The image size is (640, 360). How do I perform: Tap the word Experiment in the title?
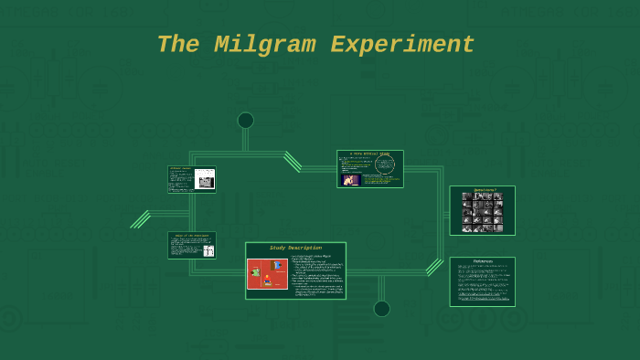(x=402, y=45)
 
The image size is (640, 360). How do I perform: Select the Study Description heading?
(x=295, y=248)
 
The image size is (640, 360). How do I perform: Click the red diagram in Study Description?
(x=267, y=273)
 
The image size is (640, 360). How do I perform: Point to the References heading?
(x=483, y=261)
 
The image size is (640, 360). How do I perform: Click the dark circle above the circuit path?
(x=245, y=121)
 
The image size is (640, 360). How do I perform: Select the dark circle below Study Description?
(x=381, y=309)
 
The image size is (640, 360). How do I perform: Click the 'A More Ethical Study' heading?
(x=369, y=154)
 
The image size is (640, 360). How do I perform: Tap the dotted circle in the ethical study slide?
(x=385, y=164)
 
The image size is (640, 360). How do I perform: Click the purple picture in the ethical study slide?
(x=350, y=180)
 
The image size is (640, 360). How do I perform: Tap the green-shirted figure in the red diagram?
(x=256, y=272)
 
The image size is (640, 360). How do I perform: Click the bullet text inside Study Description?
(x=316, y=276)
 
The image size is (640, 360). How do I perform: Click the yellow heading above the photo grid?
(x=483, y=190)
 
